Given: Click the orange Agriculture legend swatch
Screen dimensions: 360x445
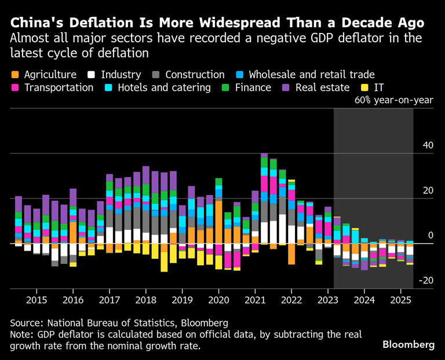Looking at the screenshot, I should click(x=15, y=75).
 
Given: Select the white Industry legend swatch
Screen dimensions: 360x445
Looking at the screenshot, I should click(x=91, y=75).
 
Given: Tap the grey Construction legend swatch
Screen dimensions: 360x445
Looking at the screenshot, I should click(x=156, y=75).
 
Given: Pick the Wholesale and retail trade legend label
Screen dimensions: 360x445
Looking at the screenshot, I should click(x=311, y=75).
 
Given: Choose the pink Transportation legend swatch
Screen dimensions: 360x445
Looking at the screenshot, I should click(x=15, y=88).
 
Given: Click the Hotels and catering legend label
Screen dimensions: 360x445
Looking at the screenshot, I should click(x=164, y=88).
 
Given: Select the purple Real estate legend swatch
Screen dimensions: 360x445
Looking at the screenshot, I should click(x=286, y=88).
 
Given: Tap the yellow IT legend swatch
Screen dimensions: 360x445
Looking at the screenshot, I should click(x=364, y=88).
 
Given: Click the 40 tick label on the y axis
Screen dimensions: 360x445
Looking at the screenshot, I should click(x=428, y=145).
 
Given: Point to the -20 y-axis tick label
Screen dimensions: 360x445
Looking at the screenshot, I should click(x=426, y=281).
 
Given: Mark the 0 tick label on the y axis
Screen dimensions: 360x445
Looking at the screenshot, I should click(x=431, y=236).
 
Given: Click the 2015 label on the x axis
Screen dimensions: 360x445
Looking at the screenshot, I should click(x=36, y=301).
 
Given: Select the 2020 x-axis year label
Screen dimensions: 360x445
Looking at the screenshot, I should click(x=218, y=301).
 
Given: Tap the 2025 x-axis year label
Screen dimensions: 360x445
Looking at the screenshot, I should click(x=402, y=301).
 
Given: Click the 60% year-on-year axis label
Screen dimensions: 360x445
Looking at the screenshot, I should click(x=393, y=100).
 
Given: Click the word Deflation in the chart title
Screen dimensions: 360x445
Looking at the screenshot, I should click(x=103, y=23).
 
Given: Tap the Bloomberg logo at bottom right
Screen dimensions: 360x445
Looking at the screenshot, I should click(x=408, y=344).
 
